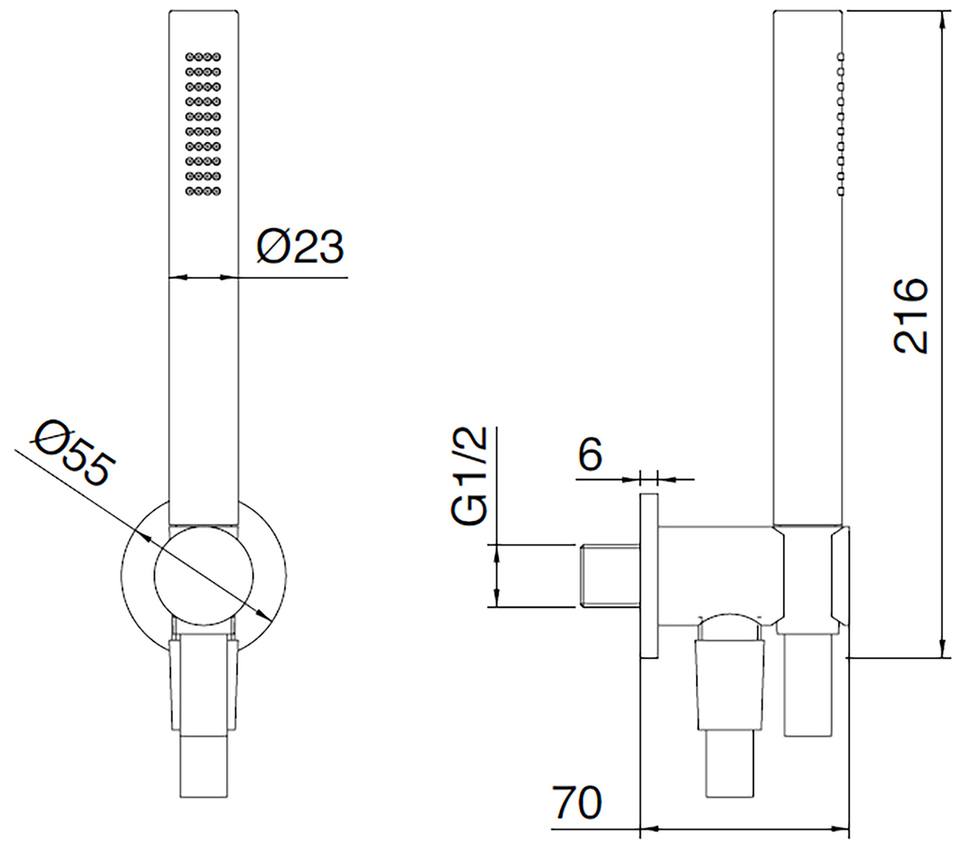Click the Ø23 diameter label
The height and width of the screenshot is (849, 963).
pyautogui.click(x=300, y=246)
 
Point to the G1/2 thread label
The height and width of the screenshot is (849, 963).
pyautogui.click(x=469, y=476)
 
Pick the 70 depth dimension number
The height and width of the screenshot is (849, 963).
pyautogui.click(x=577, y=801)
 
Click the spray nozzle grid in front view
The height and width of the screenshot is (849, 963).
pyautogui.click(x=203, y=124)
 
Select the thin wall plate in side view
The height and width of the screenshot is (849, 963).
pyautogui.click(x=649, y=576)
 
